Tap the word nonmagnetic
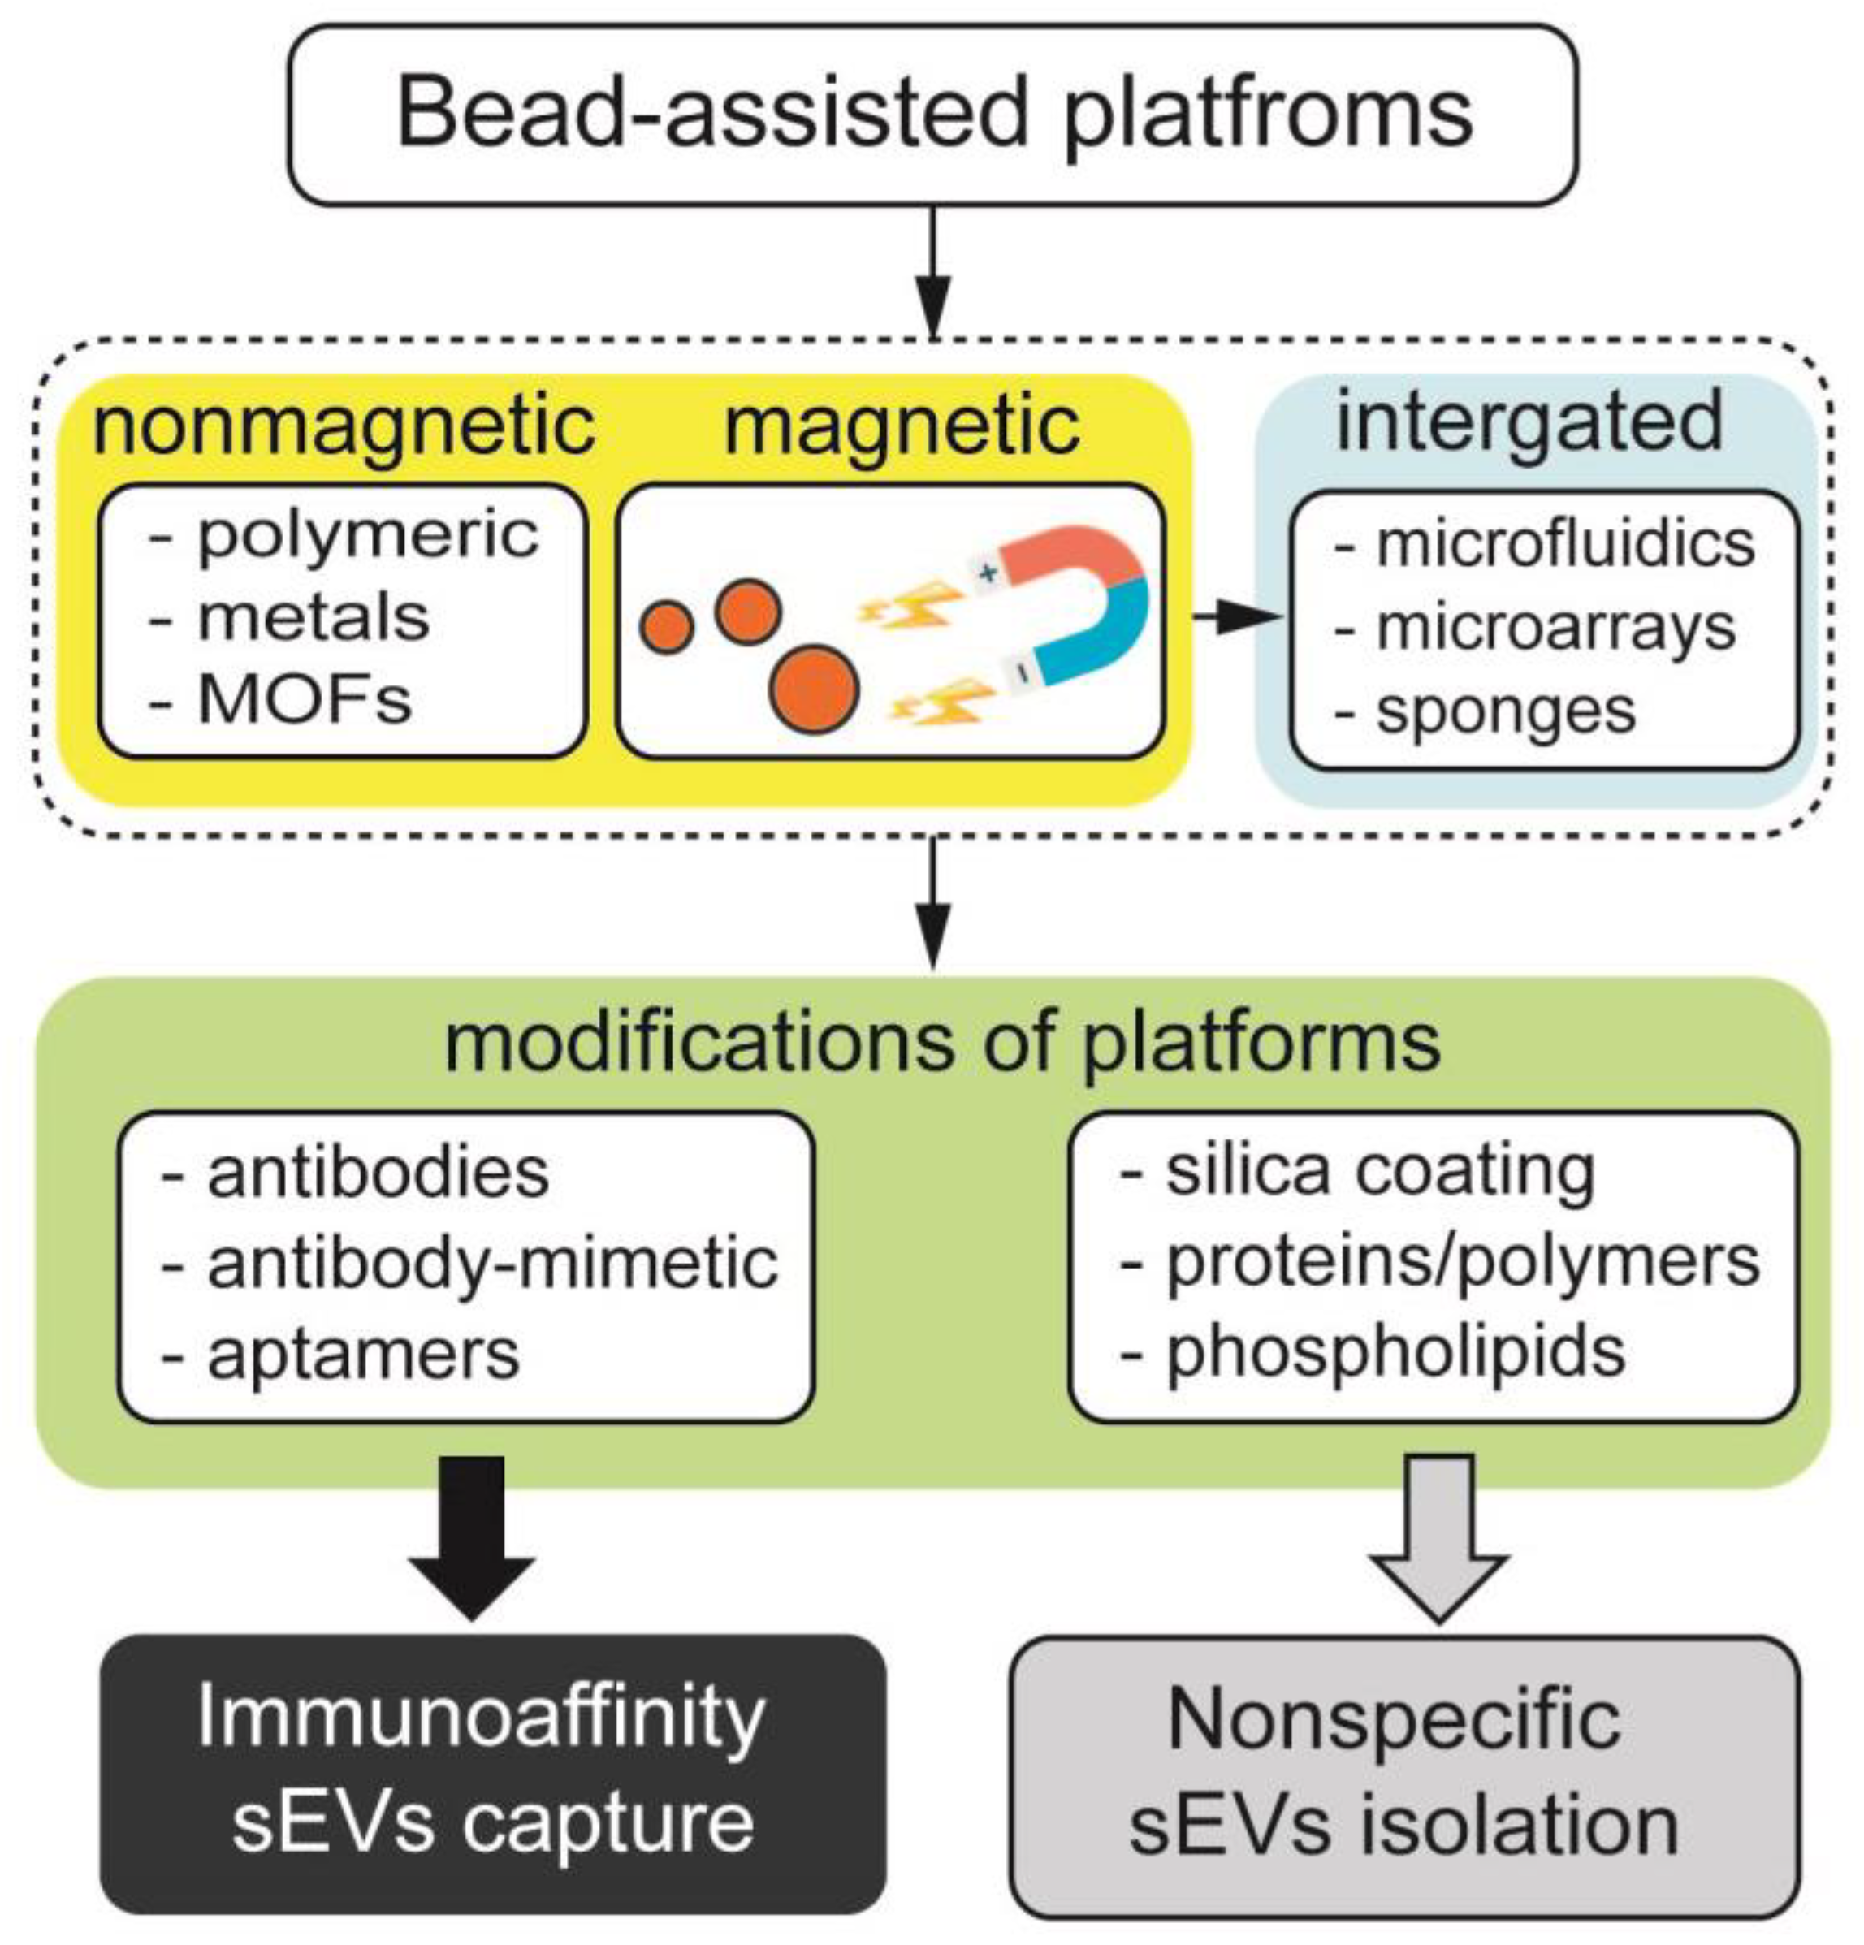(x=344, y=426)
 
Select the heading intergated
(x=1529, y=421)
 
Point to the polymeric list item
(x=367, y=536)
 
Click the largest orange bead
(x=814, y=689)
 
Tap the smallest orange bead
(x=666, y=627)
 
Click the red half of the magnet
(x=1072, y=555)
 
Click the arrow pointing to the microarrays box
(x=1235, y=617)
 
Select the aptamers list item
(x=362, y=1355)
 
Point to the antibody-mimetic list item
(x=491, y=1265)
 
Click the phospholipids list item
(x=1395, y=1351)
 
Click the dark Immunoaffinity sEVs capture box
(x=492, y=1771)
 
